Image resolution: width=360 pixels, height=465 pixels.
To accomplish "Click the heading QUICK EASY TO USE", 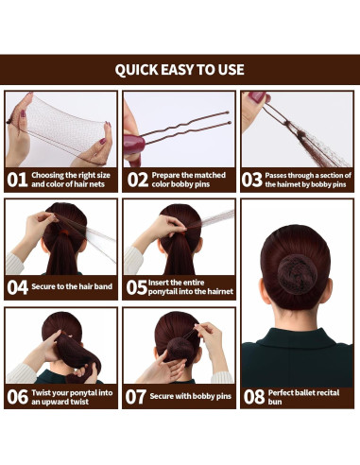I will (180, 70).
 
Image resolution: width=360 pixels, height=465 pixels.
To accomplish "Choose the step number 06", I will (18, 397).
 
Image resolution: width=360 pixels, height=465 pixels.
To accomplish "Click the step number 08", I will (253, 397).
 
